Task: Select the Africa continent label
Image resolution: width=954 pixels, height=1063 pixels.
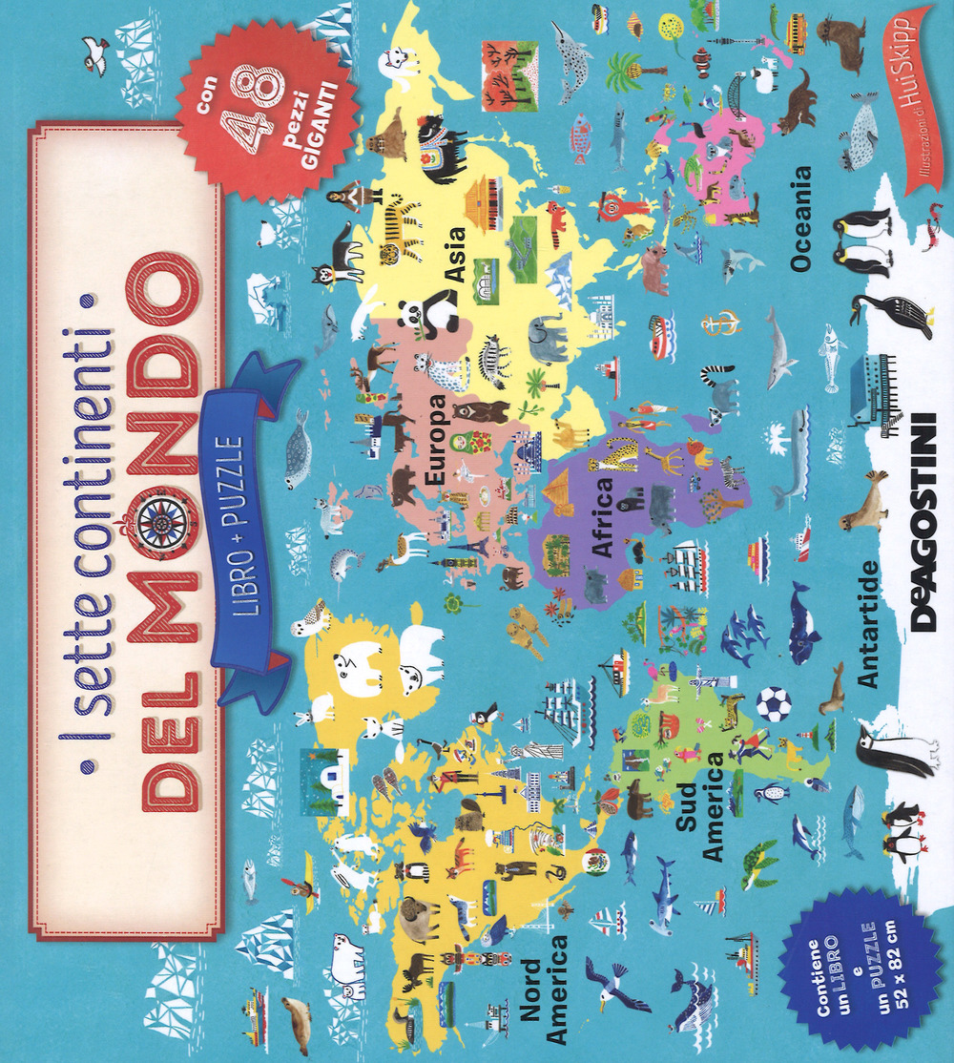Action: (x=604, y=518)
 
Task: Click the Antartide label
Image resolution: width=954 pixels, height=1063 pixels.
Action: (x=867, y=625)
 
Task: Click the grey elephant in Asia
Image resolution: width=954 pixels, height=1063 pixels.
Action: (x=547, y=340)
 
